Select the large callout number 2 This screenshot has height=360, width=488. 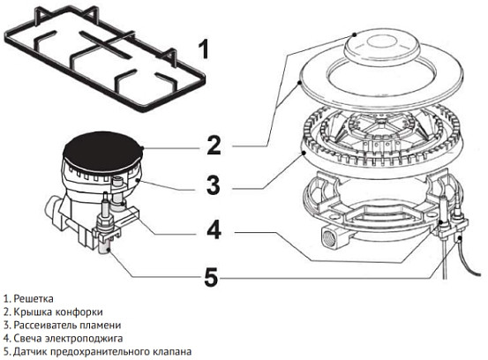coord(213,144)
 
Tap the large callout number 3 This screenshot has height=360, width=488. coord(213,186)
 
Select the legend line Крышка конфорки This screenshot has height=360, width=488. coord(53,311)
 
